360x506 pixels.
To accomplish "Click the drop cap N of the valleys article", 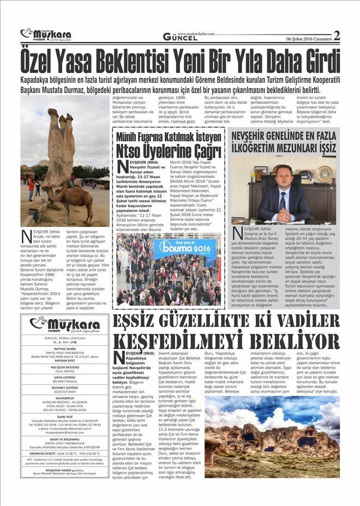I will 119,358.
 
